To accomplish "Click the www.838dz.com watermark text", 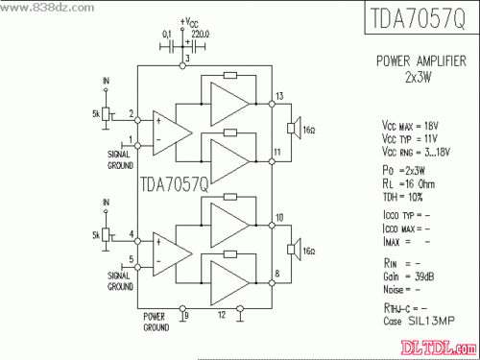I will click(x=39, y=7).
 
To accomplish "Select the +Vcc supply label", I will click(x=190, y=20).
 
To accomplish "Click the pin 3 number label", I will click(x=187, y=60).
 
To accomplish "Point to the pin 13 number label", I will click(x=279, y=96).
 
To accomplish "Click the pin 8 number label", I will click(x=278, y=275).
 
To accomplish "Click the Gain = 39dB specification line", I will click(x=403, y=276).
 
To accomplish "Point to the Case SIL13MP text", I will click(x=419, y=322).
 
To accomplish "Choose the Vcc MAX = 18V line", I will click(x=410, y=126).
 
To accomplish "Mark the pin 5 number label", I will click(x=132, y=259).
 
